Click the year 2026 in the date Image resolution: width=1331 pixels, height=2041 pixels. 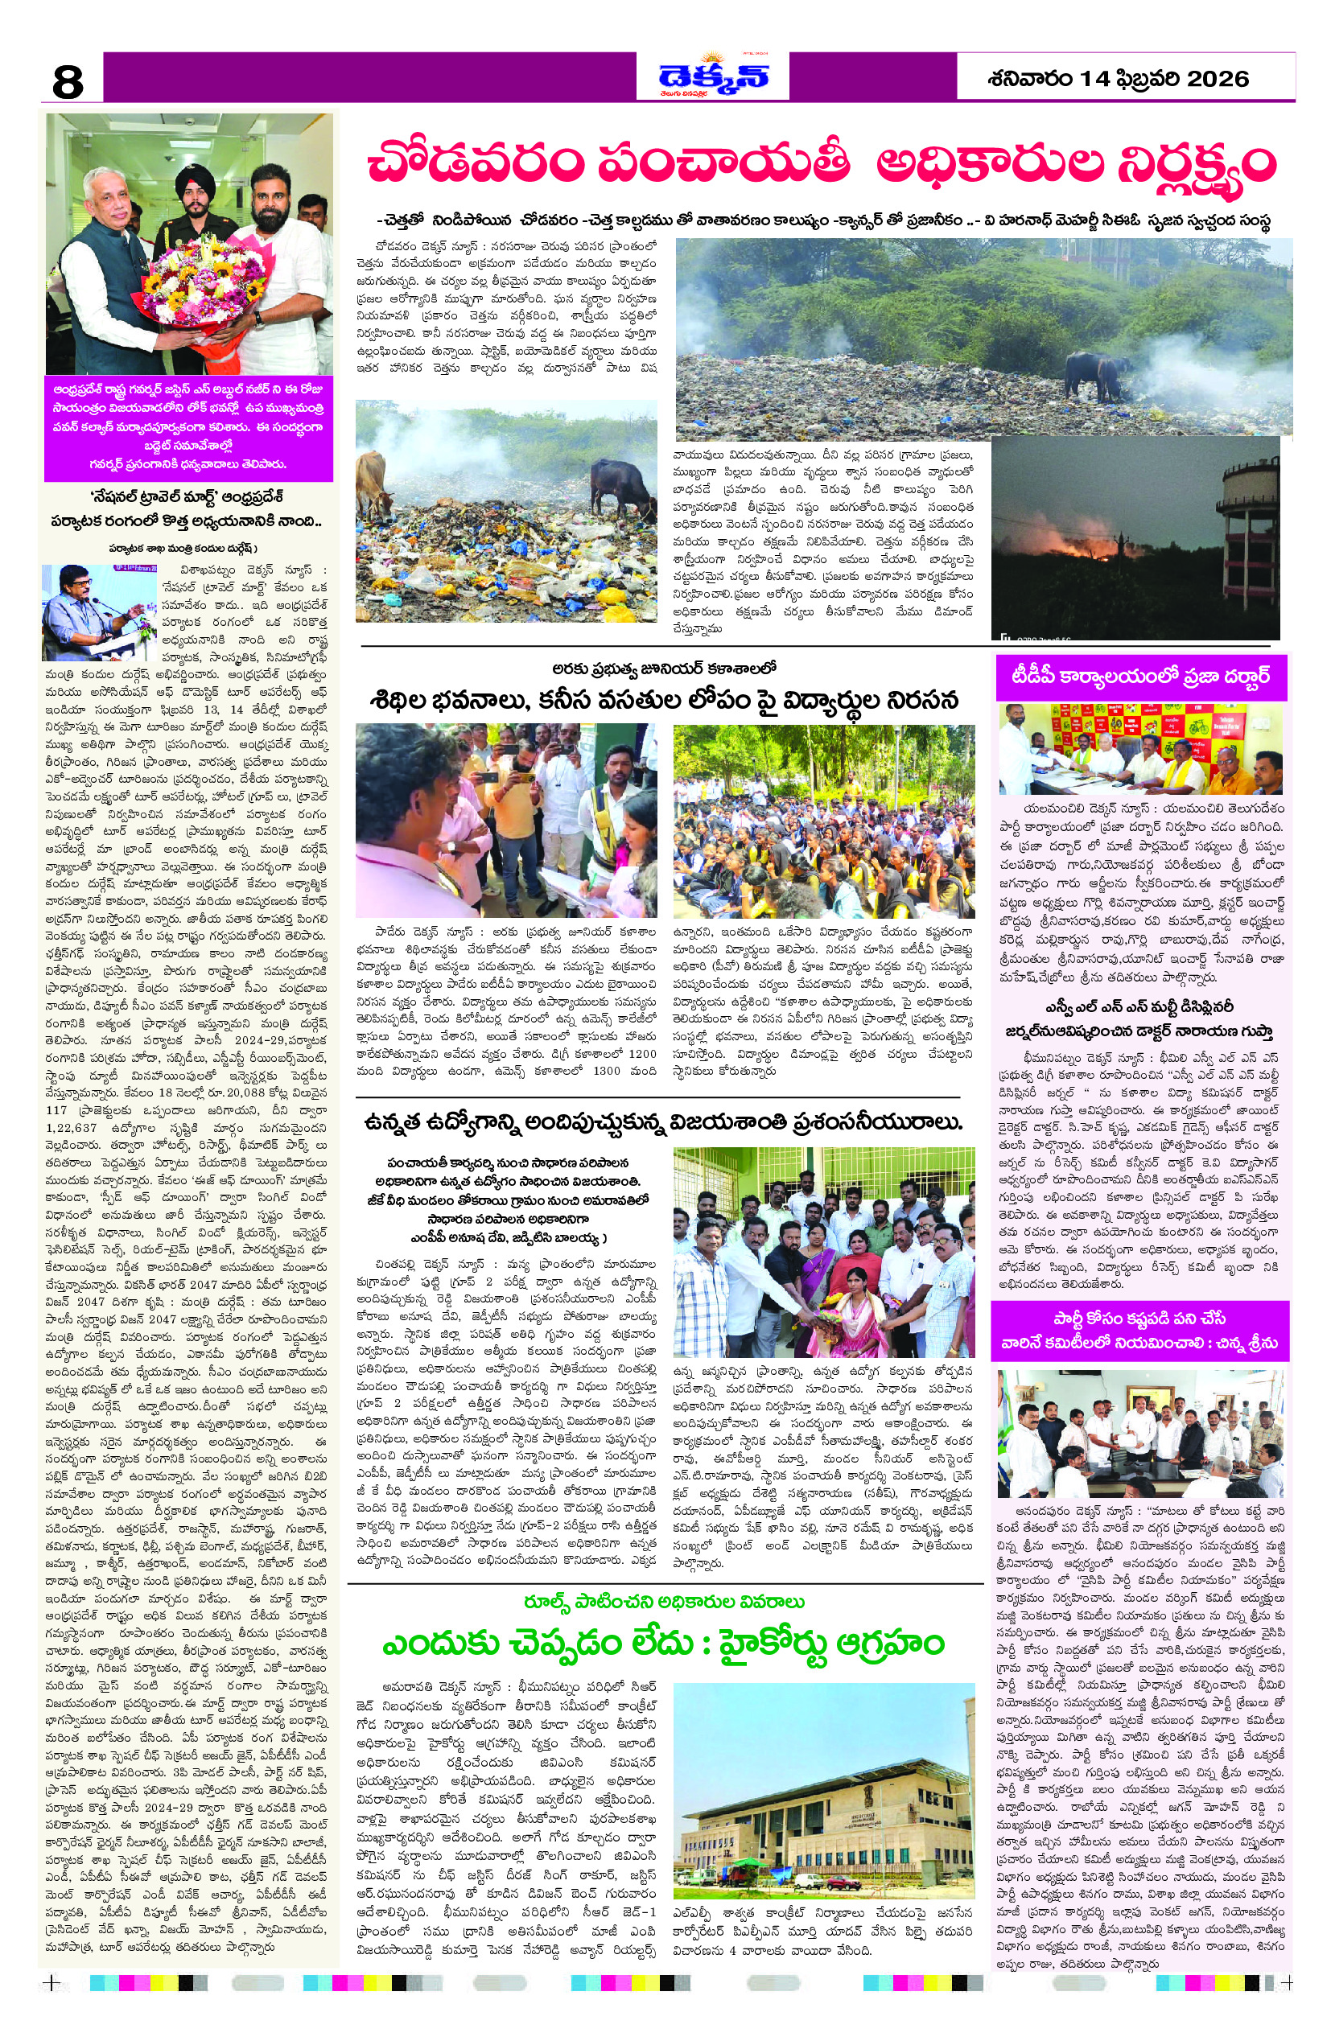[1218, 80]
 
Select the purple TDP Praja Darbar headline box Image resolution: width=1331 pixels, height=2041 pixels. [1139, 677]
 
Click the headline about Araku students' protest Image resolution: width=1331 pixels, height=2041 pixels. [664, 700]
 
